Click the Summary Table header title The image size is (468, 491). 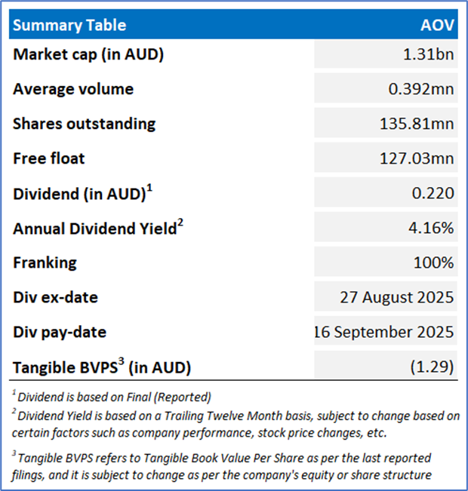(x=69, y=26)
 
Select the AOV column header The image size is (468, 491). (x=437, y=26)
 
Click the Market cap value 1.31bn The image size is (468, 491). (x=430, y=54)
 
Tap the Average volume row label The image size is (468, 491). (x=73, y=89)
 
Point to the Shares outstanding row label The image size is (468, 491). (x=84, y=124)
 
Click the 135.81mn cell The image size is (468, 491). (x=417, y=124)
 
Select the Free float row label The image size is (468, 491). (x=49, y=158)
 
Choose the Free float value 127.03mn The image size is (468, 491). (x=417, y=158)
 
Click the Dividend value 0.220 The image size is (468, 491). (x=436, y=193)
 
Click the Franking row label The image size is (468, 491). (x=45, y=262)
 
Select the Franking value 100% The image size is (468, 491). (x=436, y=262)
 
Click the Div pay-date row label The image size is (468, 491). (x=58, y=332)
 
